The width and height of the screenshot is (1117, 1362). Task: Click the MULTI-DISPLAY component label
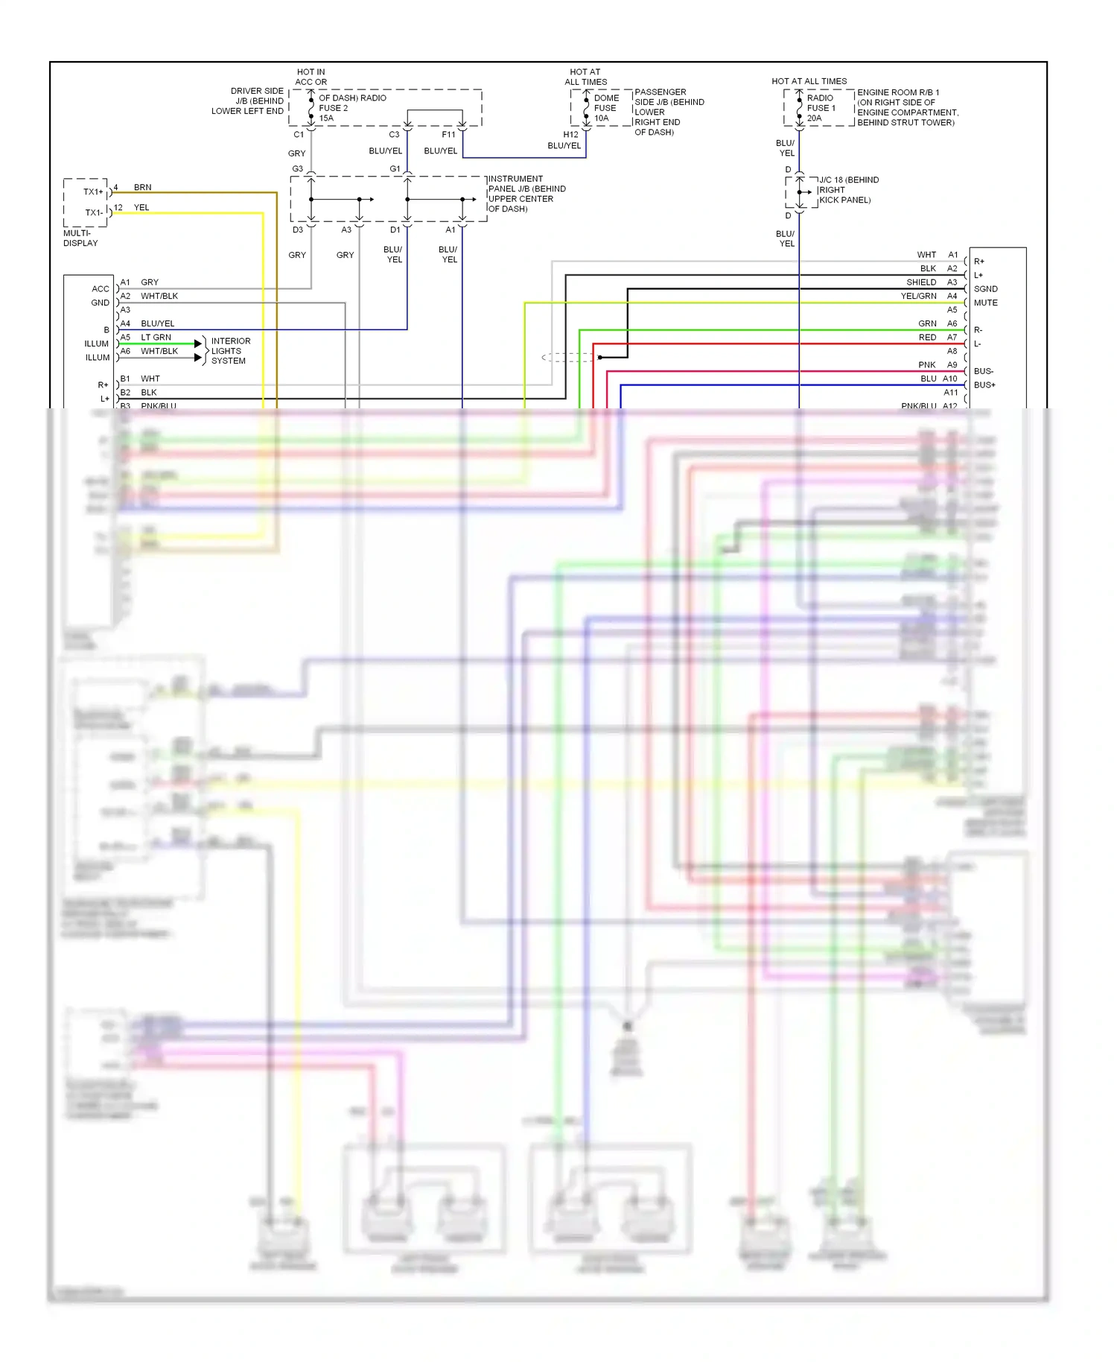(80, 238)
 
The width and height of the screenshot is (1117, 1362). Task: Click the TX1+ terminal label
(93, 192)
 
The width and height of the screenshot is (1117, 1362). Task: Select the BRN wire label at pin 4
(142, 188)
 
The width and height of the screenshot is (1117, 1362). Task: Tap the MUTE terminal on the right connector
(985, 303)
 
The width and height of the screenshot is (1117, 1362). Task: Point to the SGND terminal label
(985, 289)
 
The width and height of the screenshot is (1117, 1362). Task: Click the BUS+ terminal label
(984, 385)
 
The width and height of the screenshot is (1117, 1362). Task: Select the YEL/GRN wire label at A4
(918, 296)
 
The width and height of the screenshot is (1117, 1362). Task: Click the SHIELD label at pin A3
(920, 282)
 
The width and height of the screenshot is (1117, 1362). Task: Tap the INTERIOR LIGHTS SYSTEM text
(230, 351)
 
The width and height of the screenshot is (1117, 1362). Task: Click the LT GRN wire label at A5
(156, 338)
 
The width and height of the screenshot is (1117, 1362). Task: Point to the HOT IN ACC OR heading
(311, 77)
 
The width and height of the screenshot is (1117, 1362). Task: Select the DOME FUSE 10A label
(605, 108)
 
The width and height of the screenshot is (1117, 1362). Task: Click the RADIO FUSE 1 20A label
(821, 108)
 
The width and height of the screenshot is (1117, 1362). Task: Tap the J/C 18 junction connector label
(848, 190)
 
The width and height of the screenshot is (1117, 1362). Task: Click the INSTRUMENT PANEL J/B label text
(526, 194)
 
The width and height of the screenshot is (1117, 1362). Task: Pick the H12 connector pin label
(570, 135)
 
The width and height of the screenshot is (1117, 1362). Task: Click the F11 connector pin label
(448, 135)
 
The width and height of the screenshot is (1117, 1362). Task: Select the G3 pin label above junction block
(297, 169)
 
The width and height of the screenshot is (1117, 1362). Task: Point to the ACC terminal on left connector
(101, 289)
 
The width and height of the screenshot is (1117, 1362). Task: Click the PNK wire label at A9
(926, 365)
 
